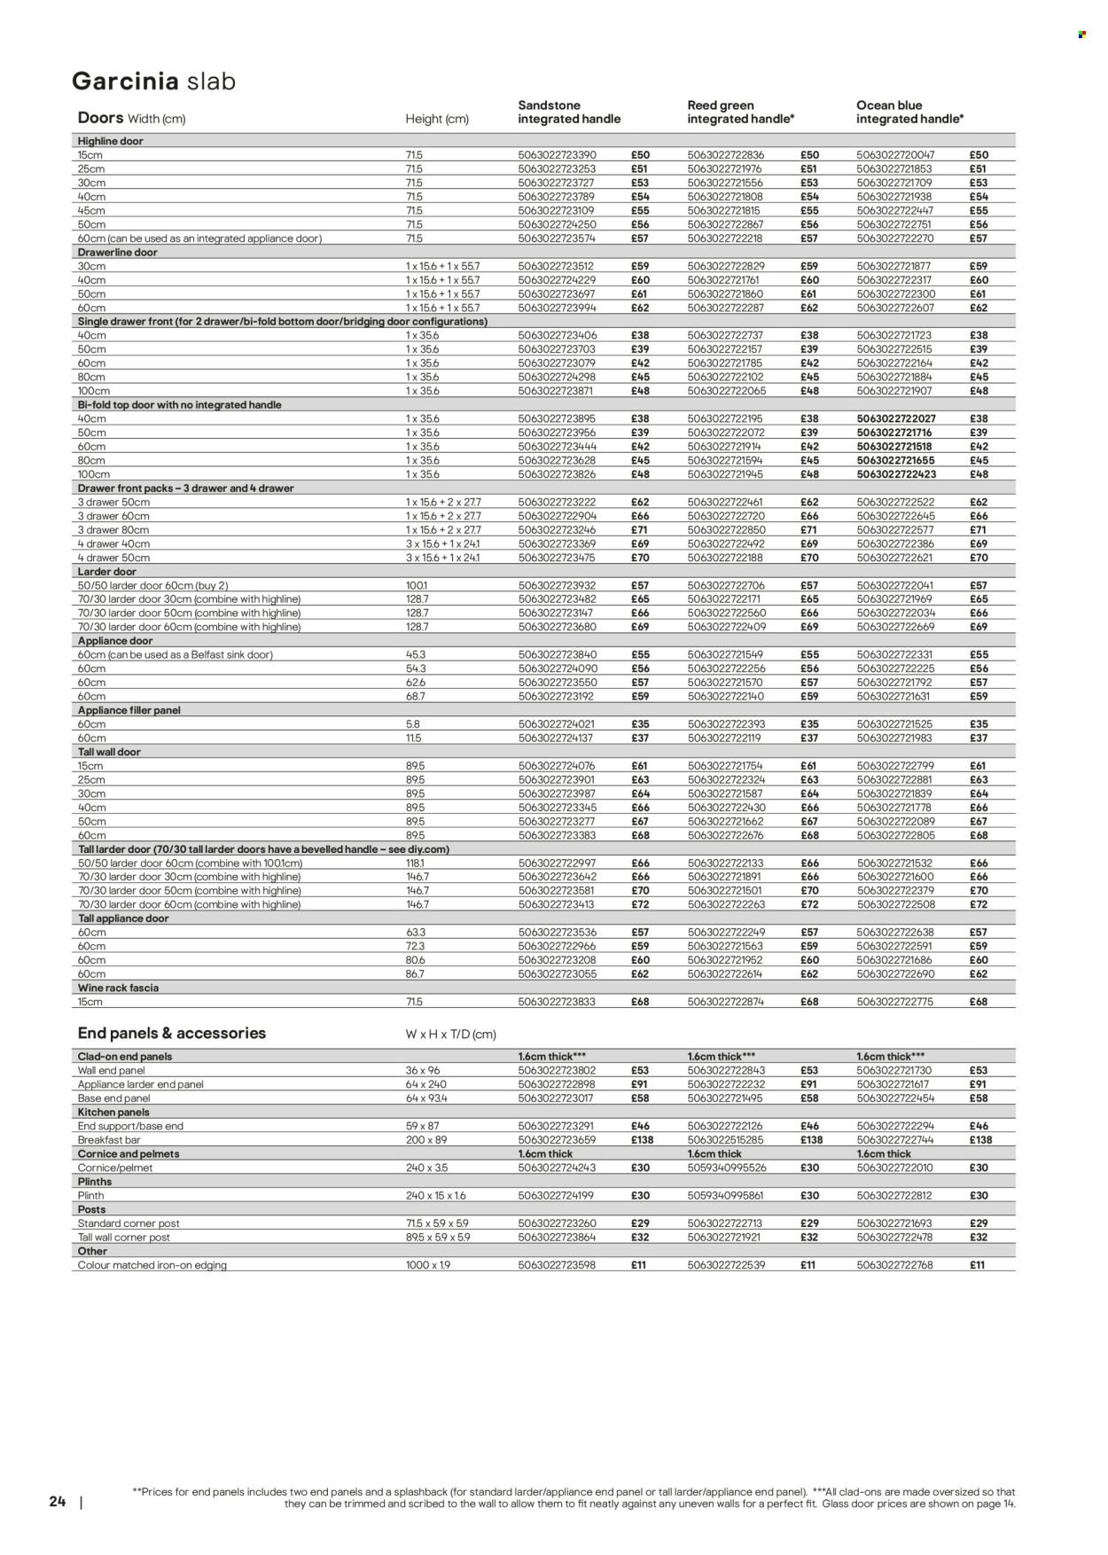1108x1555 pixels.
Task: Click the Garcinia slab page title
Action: click(153, 82)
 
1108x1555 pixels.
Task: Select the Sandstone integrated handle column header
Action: click(568, 112)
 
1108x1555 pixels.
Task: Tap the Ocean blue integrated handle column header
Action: click(909, 112)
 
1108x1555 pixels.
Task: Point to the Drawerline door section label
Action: click(117, 253)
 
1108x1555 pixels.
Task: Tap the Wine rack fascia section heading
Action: click(118, 988)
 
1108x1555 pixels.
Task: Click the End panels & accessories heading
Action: click(171, 1033)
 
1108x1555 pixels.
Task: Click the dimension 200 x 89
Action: click(424, 1140)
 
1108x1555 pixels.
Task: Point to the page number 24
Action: click(58, 1502)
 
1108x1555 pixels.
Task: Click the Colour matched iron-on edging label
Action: click(152, 1265)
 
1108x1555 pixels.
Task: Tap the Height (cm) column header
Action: click(437, 119)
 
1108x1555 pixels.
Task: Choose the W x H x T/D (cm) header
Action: click(450, 1035)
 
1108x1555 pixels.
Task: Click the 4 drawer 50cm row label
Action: click(113, 558)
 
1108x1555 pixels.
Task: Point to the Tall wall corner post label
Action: click(124, 1238)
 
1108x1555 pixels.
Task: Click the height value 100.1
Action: click(417, 586)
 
